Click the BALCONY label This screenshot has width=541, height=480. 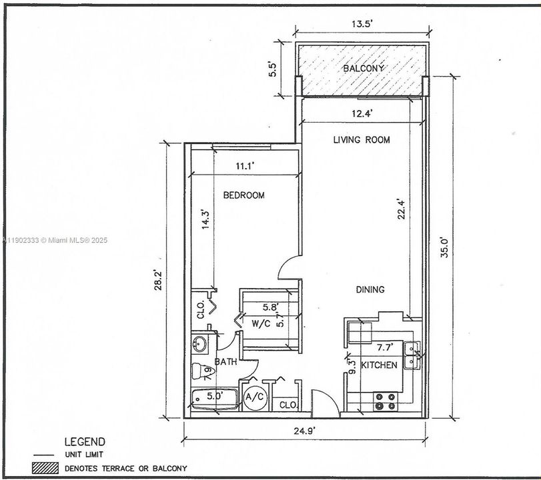coord(364,69)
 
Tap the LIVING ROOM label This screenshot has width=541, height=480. coord(362,140)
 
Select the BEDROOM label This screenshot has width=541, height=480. coord(243,195)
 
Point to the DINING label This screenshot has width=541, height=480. coord(370,289)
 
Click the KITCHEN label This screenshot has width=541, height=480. coord(379,365)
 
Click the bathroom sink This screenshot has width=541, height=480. coord(199,345)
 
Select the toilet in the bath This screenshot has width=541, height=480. coord(199,370)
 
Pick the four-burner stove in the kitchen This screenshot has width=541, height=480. coord(386,400)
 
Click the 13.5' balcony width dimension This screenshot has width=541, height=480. coord(361,24)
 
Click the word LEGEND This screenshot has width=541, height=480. coord(83,441)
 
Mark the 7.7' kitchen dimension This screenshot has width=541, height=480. coord(385,347)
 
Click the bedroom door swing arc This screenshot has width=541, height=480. coord(287,267)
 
